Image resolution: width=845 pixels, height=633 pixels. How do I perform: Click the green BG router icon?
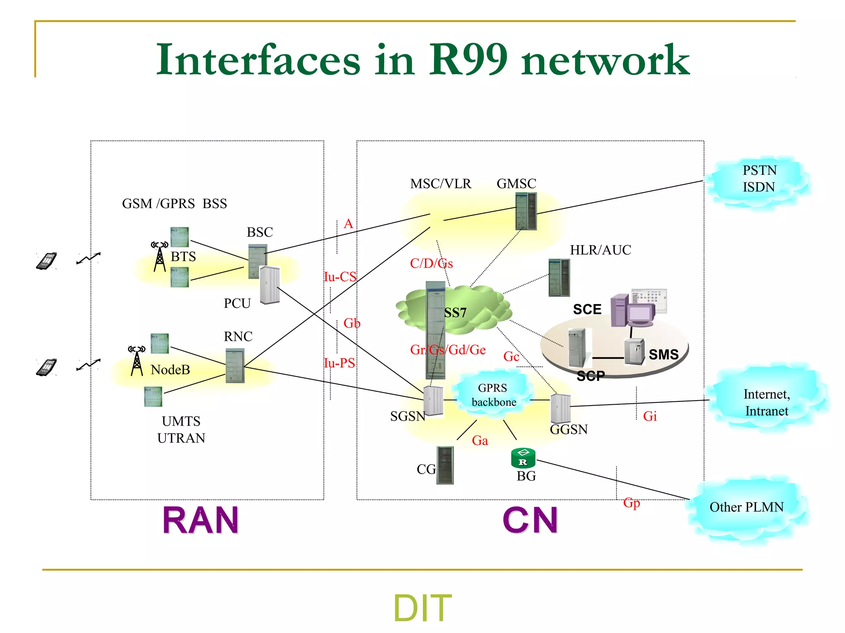(523, 458)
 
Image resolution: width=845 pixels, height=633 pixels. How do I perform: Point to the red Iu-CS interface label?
(340, 277)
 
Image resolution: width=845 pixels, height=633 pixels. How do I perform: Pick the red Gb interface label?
(352, 324)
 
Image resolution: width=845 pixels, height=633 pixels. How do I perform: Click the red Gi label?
(650, 417)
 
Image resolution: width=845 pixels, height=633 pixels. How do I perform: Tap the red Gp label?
(632, 503)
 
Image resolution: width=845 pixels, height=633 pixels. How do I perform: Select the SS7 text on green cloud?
(455, 313)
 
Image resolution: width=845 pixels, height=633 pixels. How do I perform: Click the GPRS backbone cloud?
(493, 395)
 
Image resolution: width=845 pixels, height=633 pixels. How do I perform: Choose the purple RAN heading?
(201, 520)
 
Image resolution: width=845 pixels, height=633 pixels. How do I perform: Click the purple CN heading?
(530, 520)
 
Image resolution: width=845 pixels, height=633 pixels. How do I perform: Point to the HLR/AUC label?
(600, 250)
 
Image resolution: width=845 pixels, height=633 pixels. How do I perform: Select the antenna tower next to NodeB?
(137, 361)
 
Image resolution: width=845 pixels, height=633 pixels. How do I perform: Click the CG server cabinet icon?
(445, 465)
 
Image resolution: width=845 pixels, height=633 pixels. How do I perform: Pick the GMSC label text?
(516, 184)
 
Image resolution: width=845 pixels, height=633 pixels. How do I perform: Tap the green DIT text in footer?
(422, 608)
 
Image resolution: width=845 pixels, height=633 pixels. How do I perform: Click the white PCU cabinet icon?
(270, 285)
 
